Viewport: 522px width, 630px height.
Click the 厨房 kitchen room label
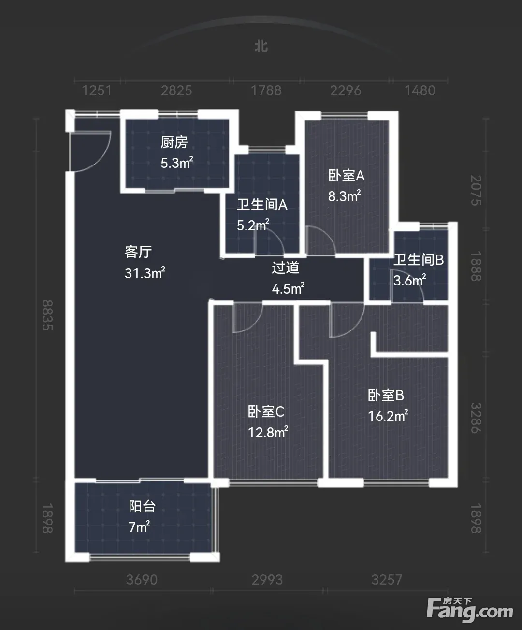(174, 142)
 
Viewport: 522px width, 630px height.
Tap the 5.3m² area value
(176, 163)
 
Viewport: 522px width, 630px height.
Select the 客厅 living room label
(138, 252)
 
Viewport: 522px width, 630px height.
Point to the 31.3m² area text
(145, 272)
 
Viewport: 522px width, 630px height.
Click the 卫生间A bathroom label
(262, 205)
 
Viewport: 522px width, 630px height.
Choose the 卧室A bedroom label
(346, 175)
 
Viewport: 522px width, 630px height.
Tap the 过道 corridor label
(286, 268)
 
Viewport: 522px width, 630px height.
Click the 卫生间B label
(418, 260)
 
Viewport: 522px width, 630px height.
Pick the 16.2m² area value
(388, 416)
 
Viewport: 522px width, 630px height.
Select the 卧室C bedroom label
(266, 412)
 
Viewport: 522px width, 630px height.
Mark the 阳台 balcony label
(142, 507)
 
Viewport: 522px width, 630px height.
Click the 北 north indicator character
(261, 46)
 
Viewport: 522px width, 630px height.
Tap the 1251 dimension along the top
(97, 90)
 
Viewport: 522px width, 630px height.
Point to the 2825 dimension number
(176, 90)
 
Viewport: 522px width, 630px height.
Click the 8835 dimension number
(48, 315)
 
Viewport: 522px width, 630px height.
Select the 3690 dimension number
(142, 580)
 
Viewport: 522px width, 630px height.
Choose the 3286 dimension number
(476, 418)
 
